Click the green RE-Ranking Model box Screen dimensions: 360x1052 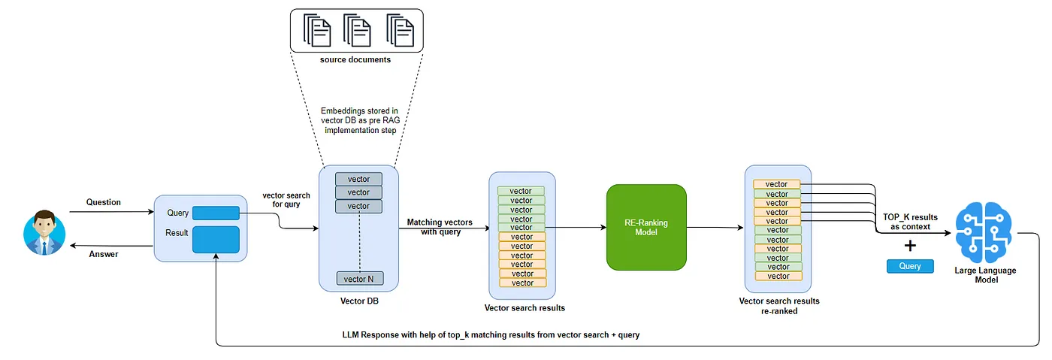pyautogui.click(x=646, y=227)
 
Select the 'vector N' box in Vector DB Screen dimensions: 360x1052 pyautogui.click(x=359, y=279)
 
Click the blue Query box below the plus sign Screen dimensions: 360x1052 pyautogui.click(x=910, y=266)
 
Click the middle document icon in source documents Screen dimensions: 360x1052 pyautogui.click(x=357, y=31)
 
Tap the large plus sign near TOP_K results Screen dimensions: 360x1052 pyautogui.click(x=910, y=245)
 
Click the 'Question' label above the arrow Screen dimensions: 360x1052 pyautogui.click(x=104, y=202)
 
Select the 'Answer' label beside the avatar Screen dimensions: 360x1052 pyautogui.click(x=104, y=254)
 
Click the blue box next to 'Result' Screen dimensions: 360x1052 pyautogui.click(x=216, y=240)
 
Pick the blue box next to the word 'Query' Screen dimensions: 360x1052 pyautogui.click(x=216, y=213)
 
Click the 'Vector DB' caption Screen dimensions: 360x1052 pyautogui.click(x=358, y=301)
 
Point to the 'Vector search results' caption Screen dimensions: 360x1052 pyautogui.click(x=524, y=308)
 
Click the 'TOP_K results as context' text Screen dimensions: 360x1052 pyautogui.click(x=910, y=222)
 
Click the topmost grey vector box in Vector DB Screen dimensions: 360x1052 pyautogui.click(x=358, y=179)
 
